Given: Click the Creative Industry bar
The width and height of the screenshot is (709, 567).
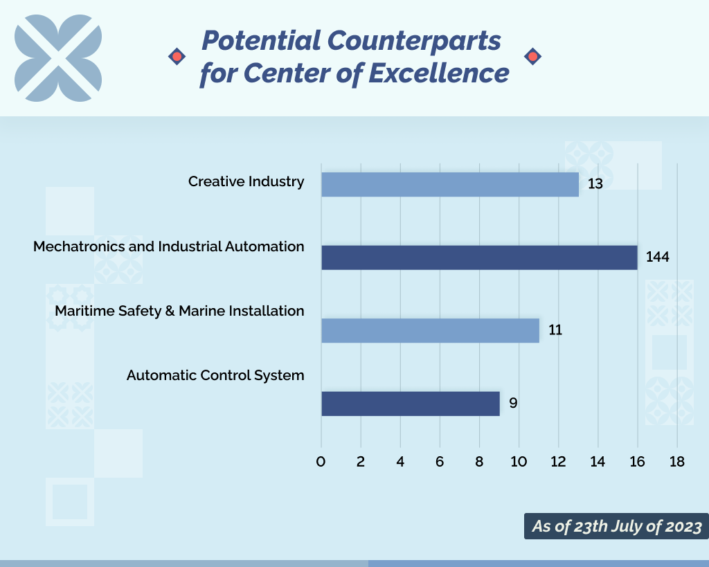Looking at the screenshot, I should click(450, 185).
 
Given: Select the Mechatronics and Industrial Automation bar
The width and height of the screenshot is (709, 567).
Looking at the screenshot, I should click(479, 258).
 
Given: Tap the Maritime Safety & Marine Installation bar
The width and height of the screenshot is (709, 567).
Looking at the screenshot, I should click(430, 331).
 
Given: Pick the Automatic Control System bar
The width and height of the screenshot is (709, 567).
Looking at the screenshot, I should click(411, 404).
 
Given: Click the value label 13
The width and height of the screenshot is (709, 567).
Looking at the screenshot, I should click(595, 184).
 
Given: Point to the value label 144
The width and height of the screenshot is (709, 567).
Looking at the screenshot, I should click(657, 258).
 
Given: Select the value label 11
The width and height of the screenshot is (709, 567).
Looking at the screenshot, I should click(555, 330).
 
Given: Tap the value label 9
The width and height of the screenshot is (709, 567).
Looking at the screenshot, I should click(513, 403).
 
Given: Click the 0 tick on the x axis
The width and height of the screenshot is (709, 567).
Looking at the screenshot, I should click(321, 462).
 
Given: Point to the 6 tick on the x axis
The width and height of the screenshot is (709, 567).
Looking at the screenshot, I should click(440, 462).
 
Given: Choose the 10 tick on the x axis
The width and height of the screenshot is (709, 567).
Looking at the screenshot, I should click(519, 462).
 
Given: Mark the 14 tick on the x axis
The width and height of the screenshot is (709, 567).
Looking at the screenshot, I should click(598, 462).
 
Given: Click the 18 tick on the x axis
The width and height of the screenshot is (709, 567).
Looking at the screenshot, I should click(676, 462).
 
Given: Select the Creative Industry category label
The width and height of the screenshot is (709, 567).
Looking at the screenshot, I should click(246, 181).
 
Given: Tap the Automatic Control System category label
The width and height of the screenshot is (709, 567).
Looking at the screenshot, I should click(215, 376).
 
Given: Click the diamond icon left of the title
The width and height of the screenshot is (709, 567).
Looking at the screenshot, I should click(177, 57).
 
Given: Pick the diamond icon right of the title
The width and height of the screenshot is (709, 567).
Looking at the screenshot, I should click(532, 57).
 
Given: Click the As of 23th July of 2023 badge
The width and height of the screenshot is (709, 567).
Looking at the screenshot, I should click(616, 526).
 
